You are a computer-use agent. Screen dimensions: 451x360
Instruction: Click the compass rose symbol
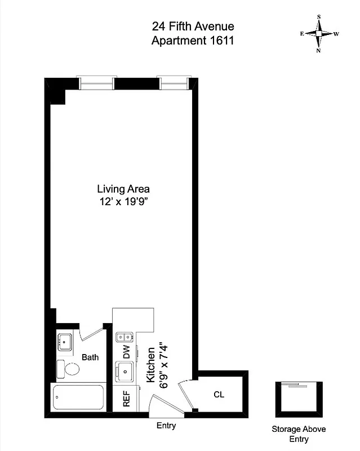click(319, 34)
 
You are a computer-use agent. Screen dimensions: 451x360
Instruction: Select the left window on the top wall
click(97, 83)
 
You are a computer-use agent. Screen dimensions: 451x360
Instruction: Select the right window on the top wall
click(172, 83)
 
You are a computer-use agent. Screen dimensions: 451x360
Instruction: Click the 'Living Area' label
click(123, 189)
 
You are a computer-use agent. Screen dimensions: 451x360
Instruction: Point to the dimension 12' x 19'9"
click(123, 201)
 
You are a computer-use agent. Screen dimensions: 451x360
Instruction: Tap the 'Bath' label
click(90, 357)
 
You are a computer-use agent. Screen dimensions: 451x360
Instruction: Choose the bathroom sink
click(65, 341)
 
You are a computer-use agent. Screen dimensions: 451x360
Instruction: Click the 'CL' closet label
click(219, 395)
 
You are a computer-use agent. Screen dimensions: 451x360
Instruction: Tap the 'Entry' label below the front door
click(166, 426)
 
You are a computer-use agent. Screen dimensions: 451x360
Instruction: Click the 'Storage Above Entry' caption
click(299, 434)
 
